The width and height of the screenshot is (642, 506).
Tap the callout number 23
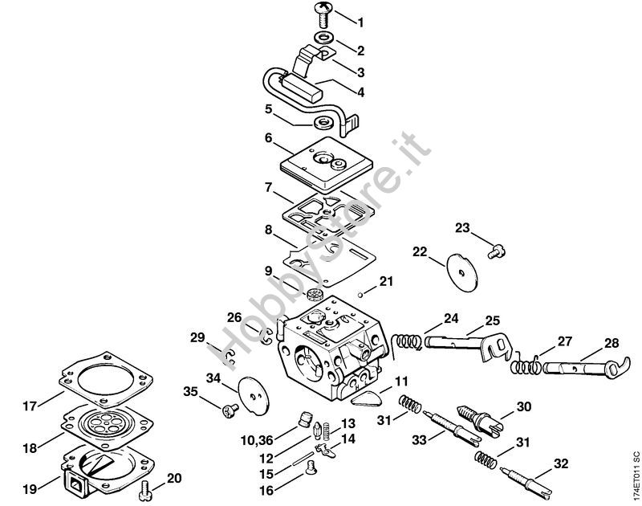pyautogui.click(x=463, y=228)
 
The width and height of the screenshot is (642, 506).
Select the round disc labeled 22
pyautogui.click(x=462, y=272)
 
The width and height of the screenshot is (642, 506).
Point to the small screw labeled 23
pyautogui.click(x=497, y=251)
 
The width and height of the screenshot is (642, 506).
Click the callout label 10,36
pyautogui.click(x=256, y=440)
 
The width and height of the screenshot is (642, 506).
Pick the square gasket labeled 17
pyautogui.click(x=106, y=378)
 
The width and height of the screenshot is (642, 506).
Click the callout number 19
pyautogui.click(x=30, y=489)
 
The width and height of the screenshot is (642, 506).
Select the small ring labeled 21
pyautogui.click(x=359, y=294)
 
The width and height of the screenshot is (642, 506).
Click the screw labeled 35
pyautogui.click(x=230, y=410)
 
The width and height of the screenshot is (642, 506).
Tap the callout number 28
pyautogui.click(x=612, y=343)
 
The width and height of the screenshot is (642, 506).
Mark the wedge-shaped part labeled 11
pyautogui.click(x=366, y=397)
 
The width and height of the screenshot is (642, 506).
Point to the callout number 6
pyautogui.click(x=268, y=138)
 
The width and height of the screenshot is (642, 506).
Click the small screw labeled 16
pyautogui.click(x=311, y=467)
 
